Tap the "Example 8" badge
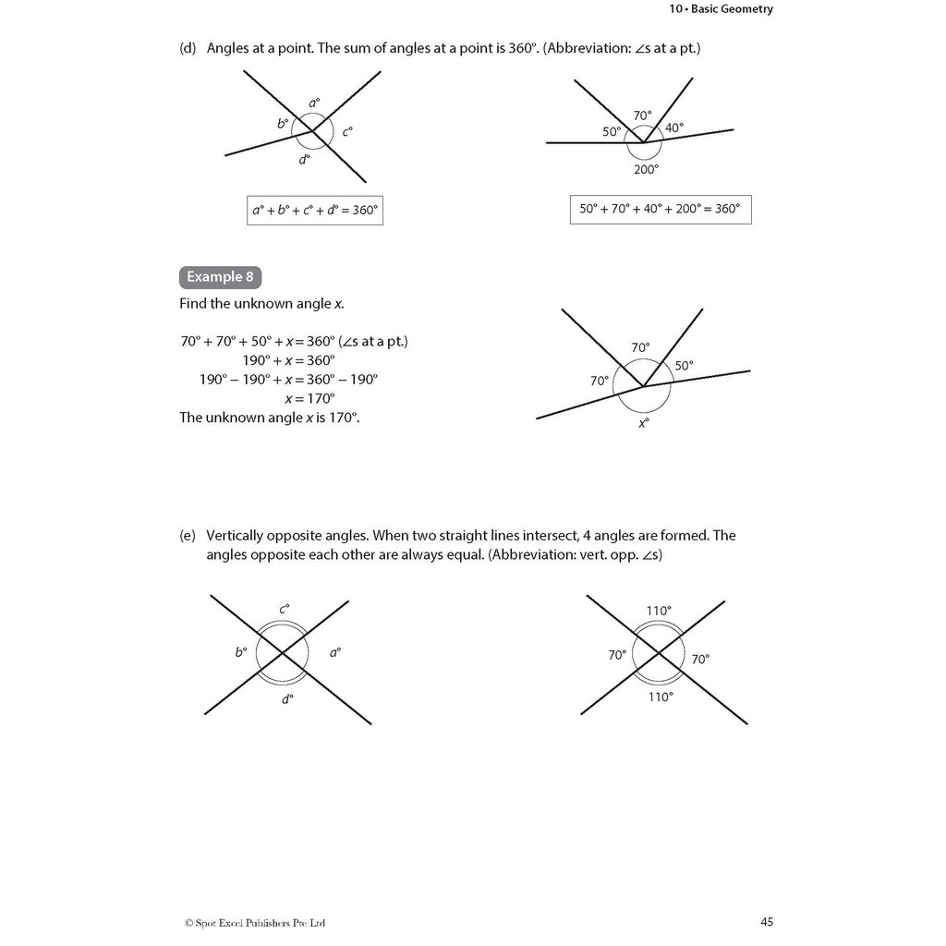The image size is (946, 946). click(x=220, y=276)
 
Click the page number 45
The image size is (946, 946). click(x=767, y=921)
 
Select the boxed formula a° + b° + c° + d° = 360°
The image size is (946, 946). click(x=315, y=210)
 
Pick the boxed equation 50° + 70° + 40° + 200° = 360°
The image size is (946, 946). click(x=660, y=209)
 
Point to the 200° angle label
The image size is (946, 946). click(x=646, y=169)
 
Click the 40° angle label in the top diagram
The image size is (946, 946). click(x=674, y=127)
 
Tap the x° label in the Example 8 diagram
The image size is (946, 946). click(x=644, y=423)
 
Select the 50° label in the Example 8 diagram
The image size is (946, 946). click(x=684, y=365)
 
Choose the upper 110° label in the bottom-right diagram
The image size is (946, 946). click(x=659, y=610)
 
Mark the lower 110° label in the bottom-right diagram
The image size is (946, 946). click(x=660, y=697)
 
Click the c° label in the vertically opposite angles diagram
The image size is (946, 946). click(x=285, y=609)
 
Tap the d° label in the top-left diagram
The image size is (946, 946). click(x=304, y=160)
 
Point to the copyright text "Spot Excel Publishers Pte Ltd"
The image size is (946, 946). click(x=255, y=922)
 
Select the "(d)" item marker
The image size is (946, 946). click(x=188, y=47)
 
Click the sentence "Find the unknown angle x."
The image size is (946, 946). click(x=261, y=303)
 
